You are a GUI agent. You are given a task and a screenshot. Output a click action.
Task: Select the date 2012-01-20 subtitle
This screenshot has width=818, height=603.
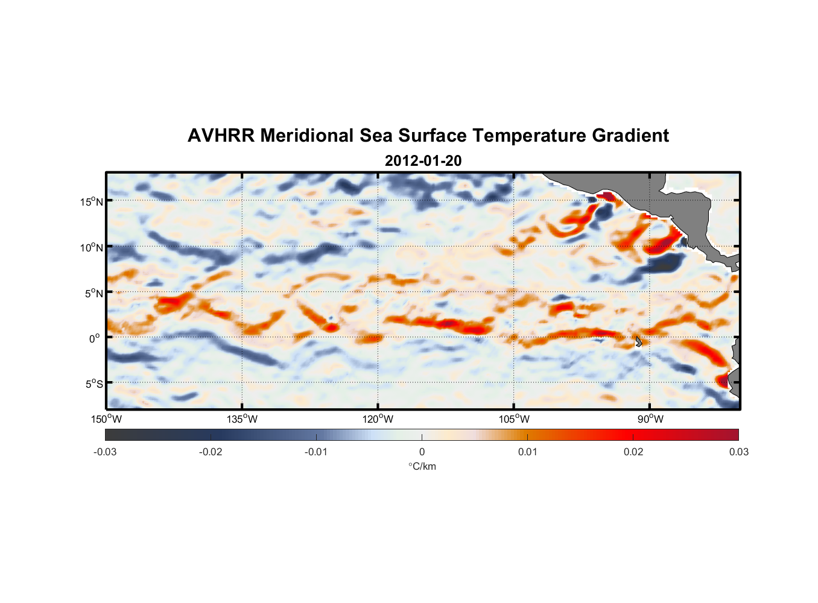click(423, 161)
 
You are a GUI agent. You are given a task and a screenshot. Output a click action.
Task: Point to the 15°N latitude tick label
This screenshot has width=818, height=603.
click(91, 201)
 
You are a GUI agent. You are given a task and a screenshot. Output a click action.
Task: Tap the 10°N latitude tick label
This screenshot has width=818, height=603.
click(91, 247)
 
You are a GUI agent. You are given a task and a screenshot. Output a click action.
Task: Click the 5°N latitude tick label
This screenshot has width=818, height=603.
click(94, 293)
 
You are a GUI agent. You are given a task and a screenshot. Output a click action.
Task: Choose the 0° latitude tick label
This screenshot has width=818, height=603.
click(95, 338)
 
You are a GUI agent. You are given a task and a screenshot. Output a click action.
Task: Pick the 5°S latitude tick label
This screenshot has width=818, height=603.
click(94, 384)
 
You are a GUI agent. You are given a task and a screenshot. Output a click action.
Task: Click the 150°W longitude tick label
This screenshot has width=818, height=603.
click(106, 419)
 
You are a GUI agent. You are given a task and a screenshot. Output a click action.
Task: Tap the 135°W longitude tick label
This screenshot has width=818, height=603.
click(242, 419)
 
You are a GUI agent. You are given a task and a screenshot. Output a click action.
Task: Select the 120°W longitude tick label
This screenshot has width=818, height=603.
click(378, 419)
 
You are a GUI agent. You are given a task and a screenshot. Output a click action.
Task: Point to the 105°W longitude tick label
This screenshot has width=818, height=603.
click(514, 419)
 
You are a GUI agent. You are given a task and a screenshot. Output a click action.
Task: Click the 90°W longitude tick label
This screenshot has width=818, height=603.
click(650, 419)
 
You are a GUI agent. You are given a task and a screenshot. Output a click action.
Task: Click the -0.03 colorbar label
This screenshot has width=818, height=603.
click(105, 452)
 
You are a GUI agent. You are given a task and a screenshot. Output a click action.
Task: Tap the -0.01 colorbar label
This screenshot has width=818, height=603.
click(316, 452)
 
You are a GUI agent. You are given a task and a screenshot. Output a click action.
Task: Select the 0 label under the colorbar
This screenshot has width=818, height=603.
click(422, 452)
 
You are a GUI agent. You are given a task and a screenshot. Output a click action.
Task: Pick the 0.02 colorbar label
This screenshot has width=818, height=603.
click(633, 452)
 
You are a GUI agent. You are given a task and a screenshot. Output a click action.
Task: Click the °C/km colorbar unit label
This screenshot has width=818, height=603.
click(422, 466)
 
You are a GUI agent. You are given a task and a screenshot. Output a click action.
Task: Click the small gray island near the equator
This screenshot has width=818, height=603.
click(638, 341)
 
